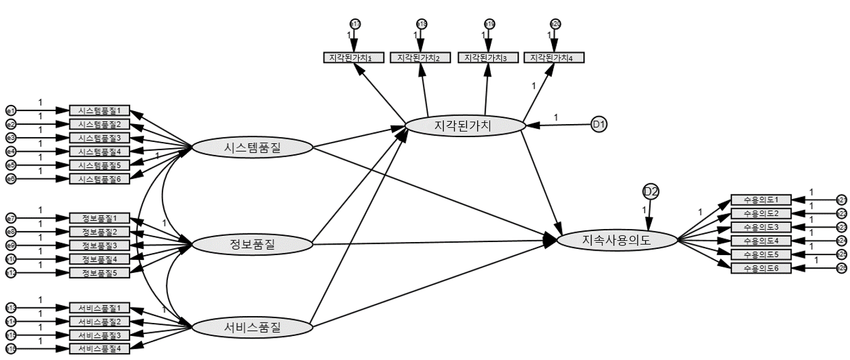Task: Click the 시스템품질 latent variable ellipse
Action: [253, 148]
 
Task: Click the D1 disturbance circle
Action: [599, 124]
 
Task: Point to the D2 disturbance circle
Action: [651, 191]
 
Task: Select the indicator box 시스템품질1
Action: [100, 111]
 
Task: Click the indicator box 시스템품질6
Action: [100, 178]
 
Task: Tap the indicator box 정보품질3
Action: [100, 245]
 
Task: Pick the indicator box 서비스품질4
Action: [100, 348]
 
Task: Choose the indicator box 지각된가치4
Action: [554, 57]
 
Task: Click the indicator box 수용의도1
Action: [760, 199]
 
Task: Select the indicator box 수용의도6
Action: [760, 267]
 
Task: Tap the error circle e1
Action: [10, 111]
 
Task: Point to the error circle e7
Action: [10, 218]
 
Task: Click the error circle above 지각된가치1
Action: [355, 24]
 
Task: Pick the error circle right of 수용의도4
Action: [841, 240]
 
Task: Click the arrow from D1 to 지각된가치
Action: [559, 125]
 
